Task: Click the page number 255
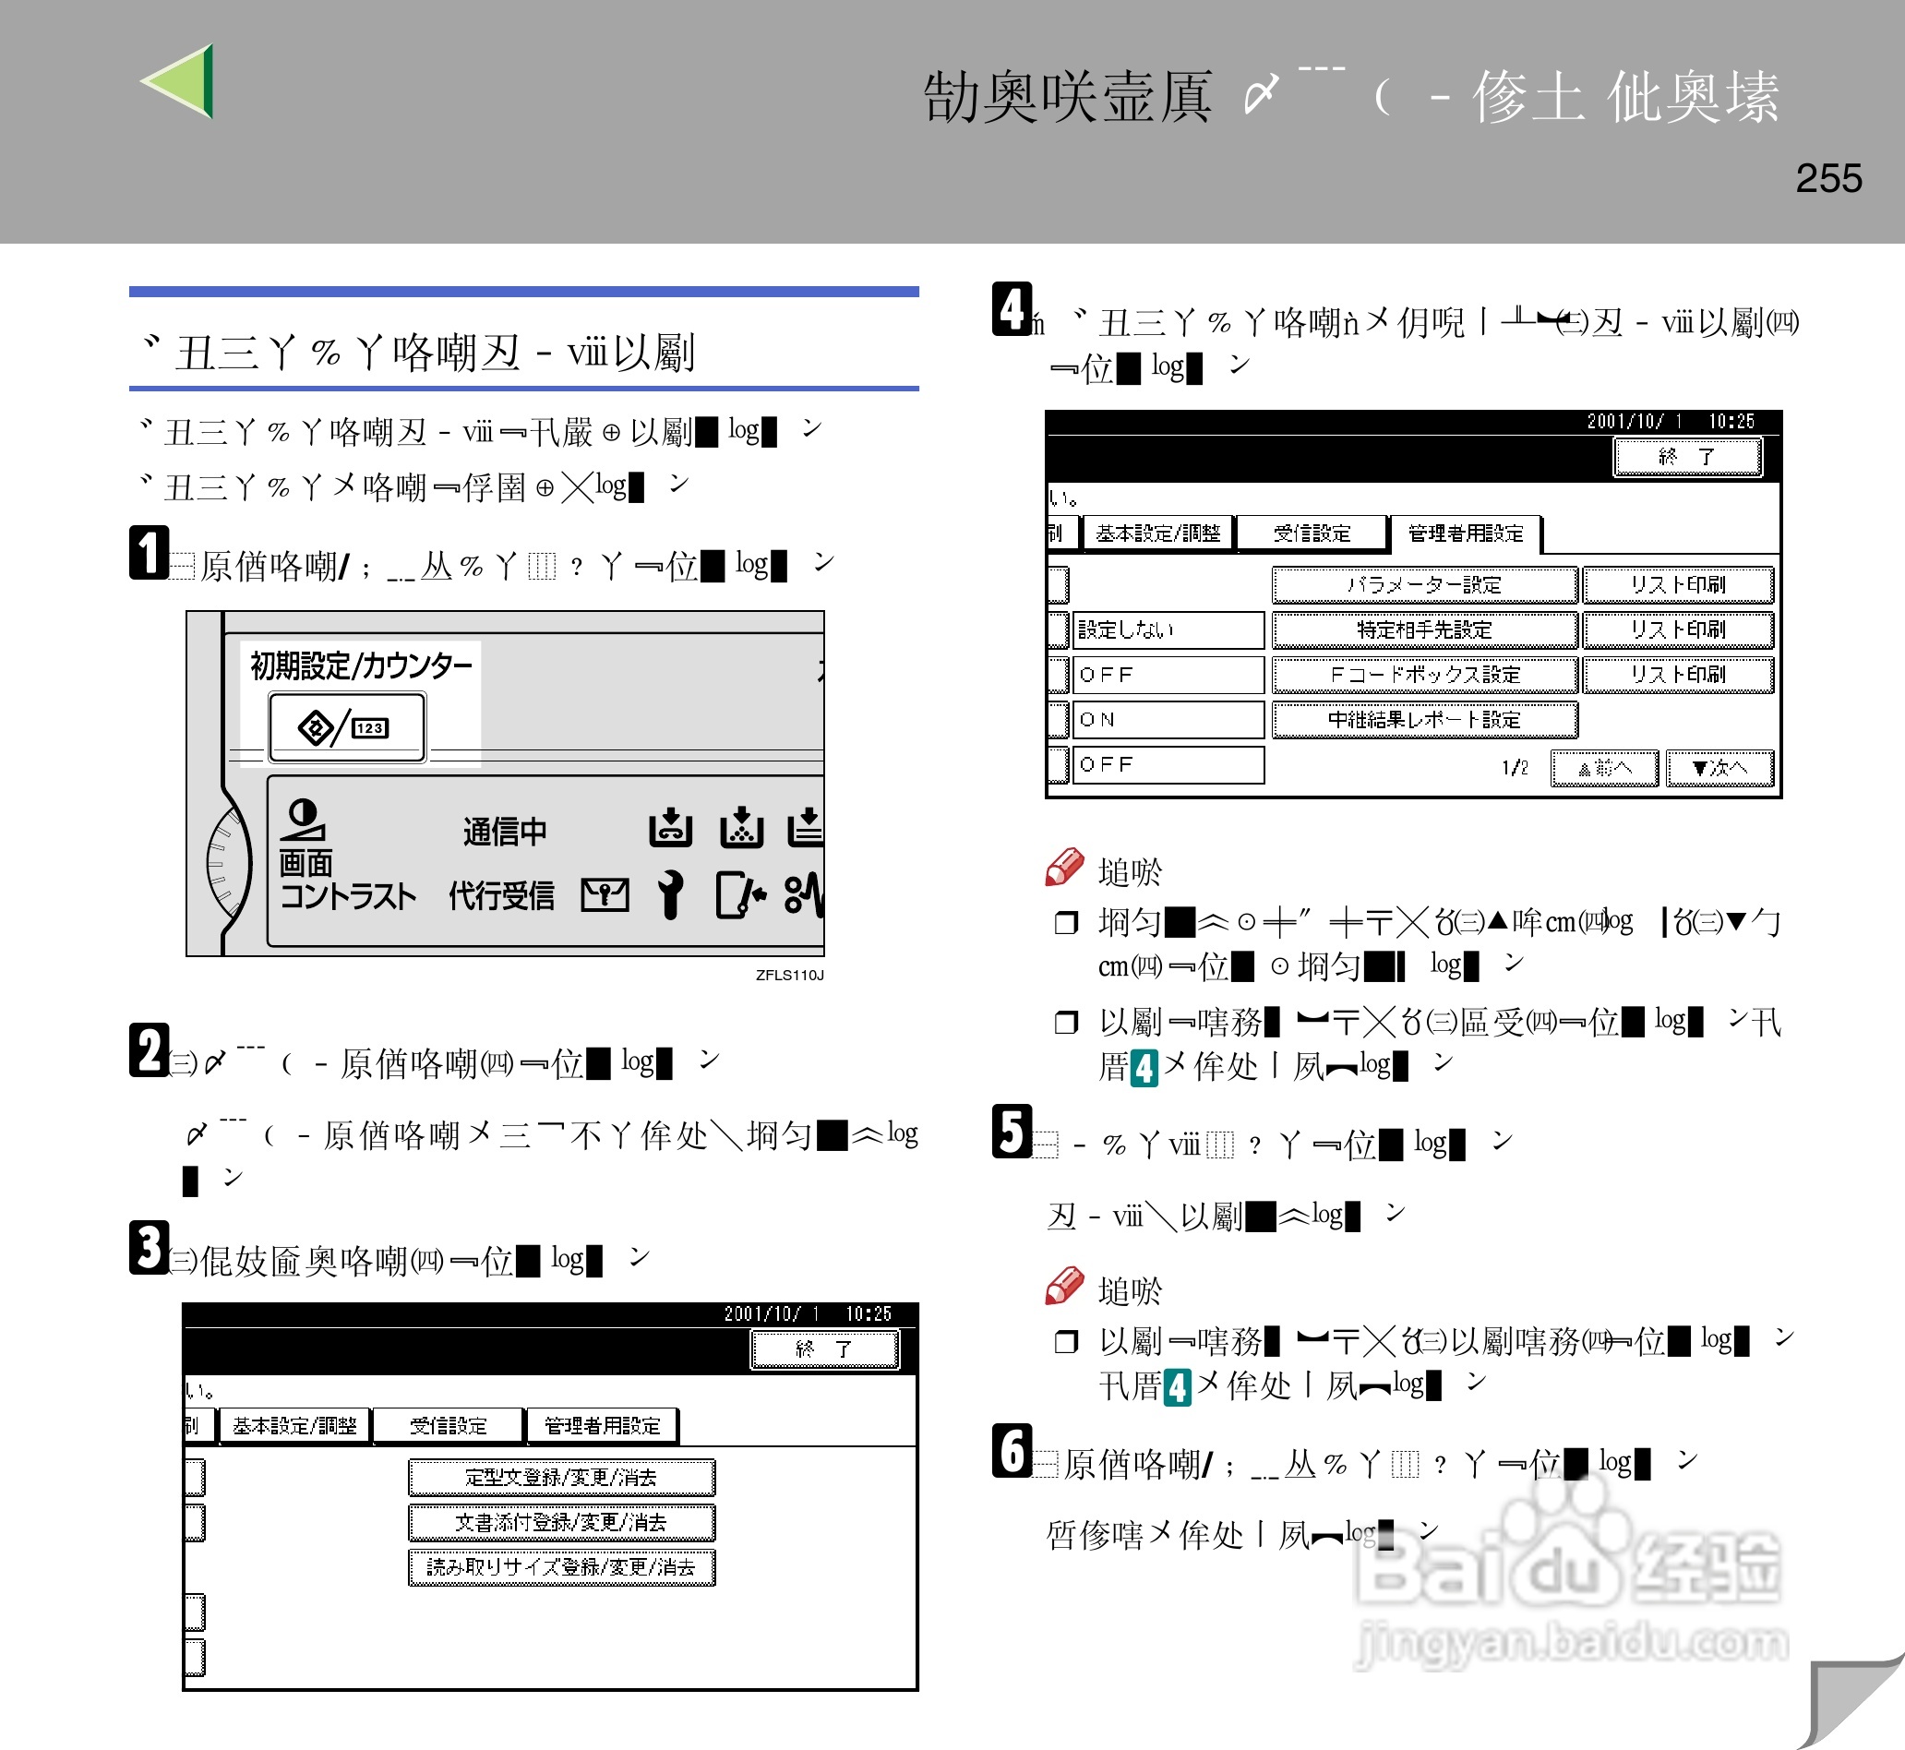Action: (x=1827, y=178)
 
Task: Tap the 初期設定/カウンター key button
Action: (x=346, y=726)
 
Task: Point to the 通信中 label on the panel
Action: (x=505, y=832)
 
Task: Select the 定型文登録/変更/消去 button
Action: (x=560, y=1476)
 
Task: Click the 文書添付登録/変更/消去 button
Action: (x=560, y=1522)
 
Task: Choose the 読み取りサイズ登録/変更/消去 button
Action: (x=560, y=1566)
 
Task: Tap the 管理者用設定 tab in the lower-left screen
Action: (x=602, y=1425)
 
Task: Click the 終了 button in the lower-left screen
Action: (x=823, y=1348)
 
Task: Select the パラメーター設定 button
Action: (x=1423, y=584)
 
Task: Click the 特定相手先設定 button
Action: (x=1423, y=629)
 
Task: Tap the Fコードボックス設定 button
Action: (x=1423, y=674)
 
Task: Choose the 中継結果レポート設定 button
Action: (x=1423, y=719)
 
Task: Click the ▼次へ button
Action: (x=1719, y=767)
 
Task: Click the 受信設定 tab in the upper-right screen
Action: (x=1312, y=533)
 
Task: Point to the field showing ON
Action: (x=1167, y=719)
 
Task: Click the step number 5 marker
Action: (x=1012, y=1132)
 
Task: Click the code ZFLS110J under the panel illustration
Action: (x=789, y=975)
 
